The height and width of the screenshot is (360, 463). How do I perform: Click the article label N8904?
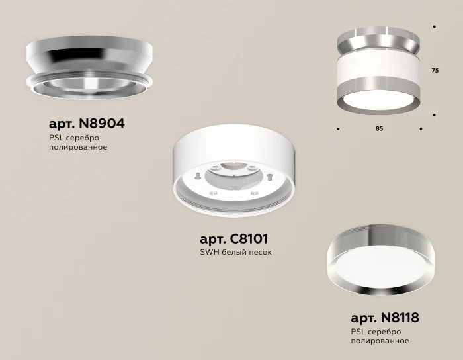(87, 124)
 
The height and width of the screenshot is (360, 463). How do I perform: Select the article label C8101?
(234, 238)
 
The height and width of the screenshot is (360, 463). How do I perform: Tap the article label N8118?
(384, 318)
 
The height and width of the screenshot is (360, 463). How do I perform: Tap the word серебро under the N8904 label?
(83, 137)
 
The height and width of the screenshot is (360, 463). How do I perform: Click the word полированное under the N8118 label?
(380, 341)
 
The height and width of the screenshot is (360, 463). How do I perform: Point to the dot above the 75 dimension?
(435, 26)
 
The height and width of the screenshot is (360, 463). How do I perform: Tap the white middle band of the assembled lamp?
(377, 66)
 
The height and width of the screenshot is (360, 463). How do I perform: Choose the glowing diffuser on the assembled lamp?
(377, 100)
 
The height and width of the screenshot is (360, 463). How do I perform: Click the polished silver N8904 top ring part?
(89, 56)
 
